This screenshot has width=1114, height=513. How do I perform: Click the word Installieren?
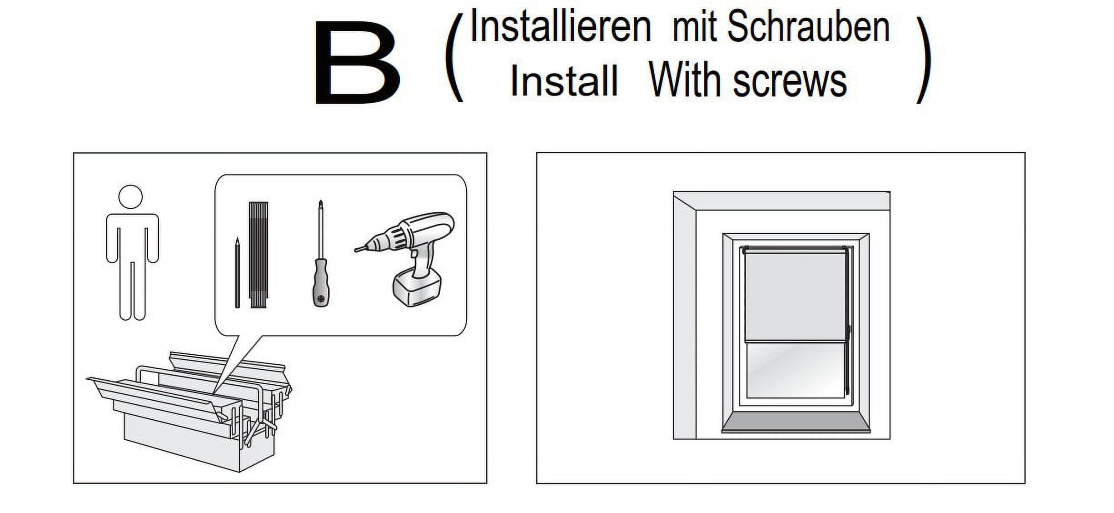pos(560,27)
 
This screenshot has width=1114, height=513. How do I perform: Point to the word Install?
pos(564,81)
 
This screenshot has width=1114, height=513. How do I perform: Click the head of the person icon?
pos(130,197)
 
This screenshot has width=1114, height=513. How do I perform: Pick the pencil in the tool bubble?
pos(237,273)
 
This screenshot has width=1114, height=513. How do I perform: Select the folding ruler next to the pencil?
pos(259,255)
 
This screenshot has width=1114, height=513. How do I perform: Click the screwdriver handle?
pos(321,284)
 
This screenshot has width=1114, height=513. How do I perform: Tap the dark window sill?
pos(796,423)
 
